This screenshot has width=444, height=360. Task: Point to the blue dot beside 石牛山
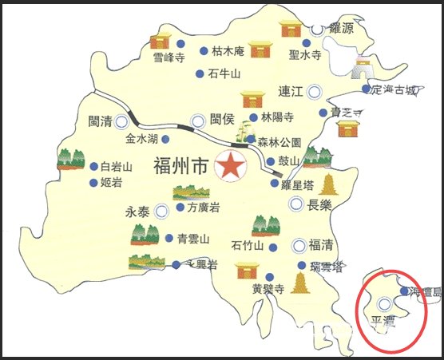coord(200,74)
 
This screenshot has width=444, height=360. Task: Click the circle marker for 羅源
coord(318,29)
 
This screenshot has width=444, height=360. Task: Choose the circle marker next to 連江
coord(316,90)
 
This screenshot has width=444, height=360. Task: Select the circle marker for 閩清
coord(121,122)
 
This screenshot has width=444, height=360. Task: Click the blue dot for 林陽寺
coord(255,117)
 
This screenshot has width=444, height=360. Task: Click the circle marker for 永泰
coord(162,211)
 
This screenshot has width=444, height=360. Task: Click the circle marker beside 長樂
coord(296,204)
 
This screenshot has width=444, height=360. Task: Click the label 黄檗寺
coord(268,289)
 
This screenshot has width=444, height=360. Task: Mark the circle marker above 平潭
coord(385,303)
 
